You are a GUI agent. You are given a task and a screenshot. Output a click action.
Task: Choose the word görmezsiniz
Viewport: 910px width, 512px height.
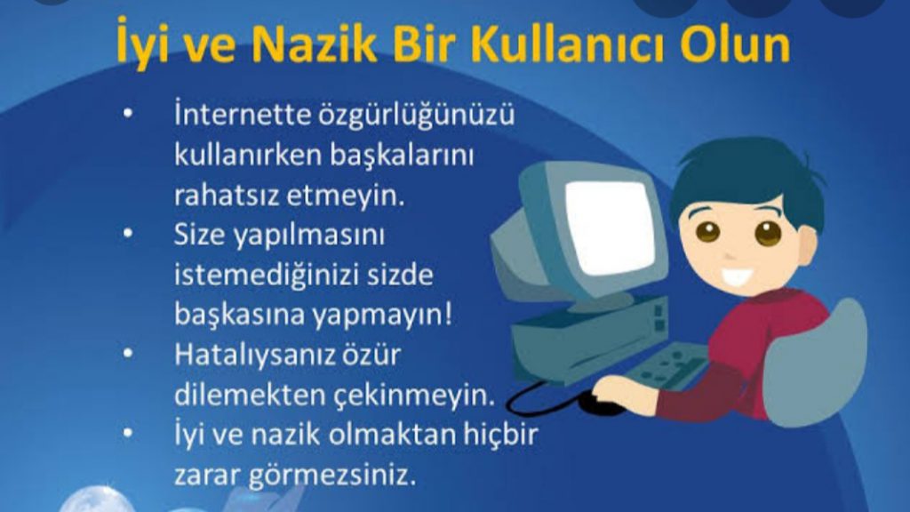point(351,473)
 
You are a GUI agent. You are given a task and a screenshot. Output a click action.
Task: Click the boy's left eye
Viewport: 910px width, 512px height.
point(707,232)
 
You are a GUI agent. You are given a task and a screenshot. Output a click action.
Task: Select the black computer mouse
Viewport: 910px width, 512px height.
point(603,404)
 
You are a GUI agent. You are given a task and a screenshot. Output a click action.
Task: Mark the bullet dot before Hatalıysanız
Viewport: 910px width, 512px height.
point(131,353)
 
